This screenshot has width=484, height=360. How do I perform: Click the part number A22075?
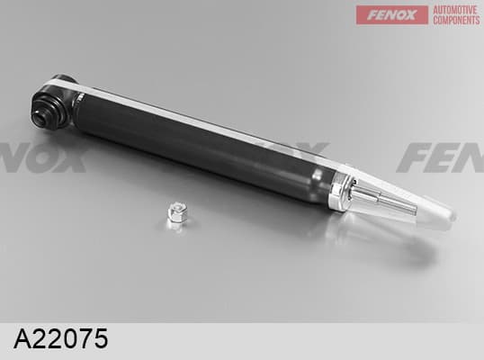pos(61,338)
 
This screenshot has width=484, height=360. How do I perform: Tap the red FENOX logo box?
pos(392,14)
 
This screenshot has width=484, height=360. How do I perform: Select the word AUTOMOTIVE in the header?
pos(455,10)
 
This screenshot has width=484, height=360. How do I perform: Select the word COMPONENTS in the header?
pos(456,20)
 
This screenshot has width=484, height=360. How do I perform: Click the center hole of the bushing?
pos(40,117)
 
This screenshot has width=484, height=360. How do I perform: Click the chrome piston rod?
pos(384,199)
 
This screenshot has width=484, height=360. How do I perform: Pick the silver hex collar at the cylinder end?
pos(340,193)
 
